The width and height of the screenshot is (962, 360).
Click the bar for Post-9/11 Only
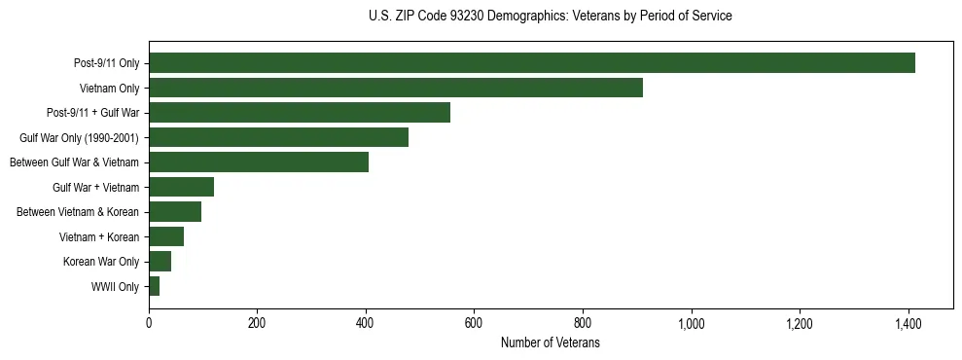[532, 63]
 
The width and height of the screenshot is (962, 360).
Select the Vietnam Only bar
[396, 88]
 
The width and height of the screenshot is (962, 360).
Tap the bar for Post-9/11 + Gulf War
[300, 113]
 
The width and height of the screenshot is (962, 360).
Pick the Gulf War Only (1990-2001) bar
[278, 137]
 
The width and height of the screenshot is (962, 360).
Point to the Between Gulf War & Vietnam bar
[259, 162]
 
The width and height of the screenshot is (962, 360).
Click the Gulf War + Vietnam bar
[181, 187]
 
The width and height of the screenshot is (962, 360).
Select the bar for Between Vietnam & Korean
[175, 211]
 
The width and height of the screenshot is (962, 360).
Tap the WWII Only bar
[154, 286]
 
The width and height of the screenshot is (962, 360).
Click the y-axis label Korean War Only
[101, 262]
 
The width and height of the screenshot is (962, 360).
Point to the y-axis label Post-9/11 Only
[106, 64]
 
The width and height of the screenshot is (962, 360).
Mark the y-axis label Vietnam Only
[109, 89]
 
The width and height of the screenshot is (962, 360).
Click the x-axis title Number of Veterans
[550, 343]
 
